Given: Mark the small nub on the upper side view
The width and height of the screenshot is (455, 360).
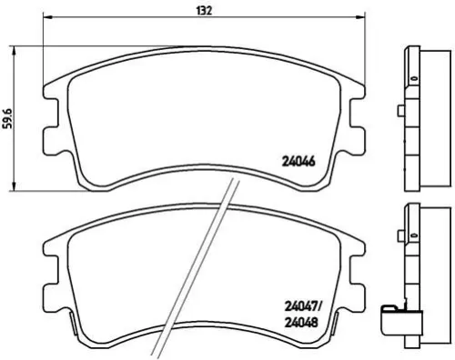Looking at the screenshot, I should [401, 113].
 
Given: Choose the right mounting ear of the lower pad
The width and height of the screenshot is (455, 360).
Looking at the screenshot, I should [357, 272].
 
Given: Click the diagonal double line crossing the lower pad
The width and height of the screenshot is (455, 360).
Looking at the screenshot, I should [196, 273].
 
